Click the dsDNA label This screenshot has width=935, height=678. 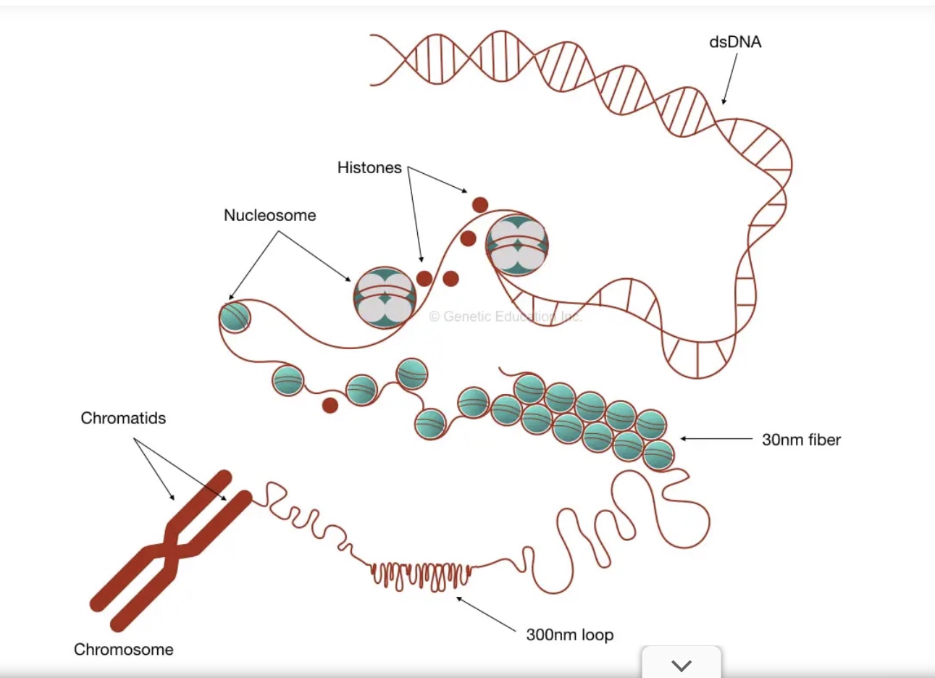[x=734, y=42]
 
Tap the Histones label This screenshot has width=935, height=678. [x=369, y=168]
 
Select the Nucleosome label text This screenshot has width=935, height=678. [x=269, y=215]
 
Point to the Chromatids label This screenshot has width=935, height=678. [x=123, y=418]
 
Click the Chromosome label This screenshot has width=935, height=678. [x=123, y=650]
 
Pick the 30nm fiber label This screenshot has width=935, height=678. [x=801, y=440]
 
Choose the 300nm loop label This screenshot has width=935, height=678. [x=569, y=635]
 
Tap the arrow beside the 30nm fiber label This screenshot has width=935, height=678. [x=716, y=438]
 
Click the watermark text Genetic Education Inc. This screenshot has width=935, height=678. [x=505, y=317]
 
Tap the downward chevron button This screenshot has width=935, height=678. [x=682, y=664]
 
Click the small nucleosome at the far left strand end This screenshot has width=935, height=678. [x=235, y=317]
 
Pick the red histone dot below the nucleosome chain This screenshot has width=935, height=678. [x=330, y=405]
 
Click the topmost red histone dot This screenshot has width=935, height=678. [x=479, y=205]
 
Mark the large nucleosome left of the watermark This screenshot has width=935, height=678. [x=385, y=297]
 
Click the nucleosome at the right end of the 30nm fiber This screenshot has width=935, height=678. [x=658, y=456]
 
